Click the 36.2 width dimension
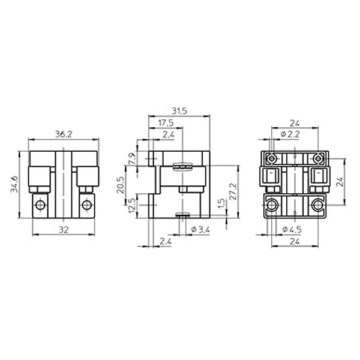[x=64, y=134]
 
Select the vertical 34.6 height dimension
[x=14, y=184]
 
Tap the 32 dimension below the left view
[x=64, y=230]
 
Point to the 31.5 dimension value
[x=179, y=111]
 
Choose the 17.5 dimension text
[x=166, y=123]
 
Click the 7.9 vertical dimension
[x=133, y=158]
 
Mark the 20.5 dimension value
[x=121, y=185]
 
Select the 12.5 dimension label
[x=133, y=206]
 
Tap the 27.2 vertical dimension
[x=233, y=191]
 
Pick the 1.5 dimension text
[x=221, y=203]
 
